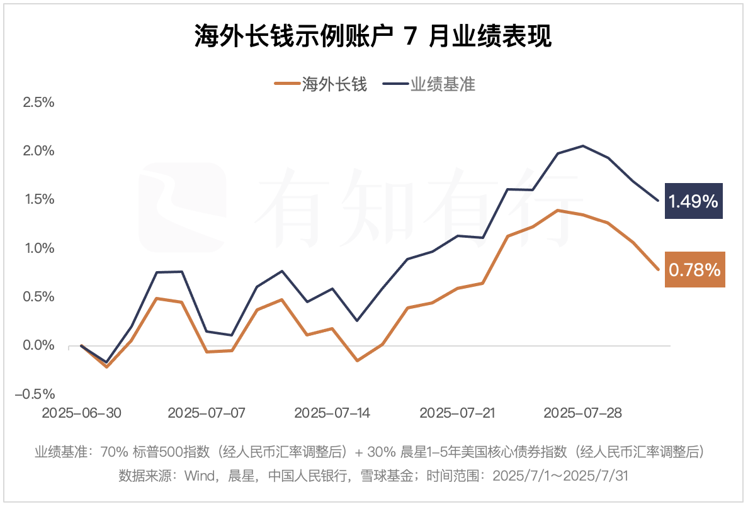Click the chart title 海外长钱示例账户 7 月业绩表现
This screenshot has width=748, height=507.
coord(373,36)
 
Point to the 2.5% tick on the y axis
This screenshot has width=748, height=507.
coord(39,103)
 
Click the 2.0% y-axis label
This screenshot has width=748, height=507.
coord(39,151)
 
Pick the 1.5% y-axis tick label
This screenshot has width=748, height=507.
coord(39,199)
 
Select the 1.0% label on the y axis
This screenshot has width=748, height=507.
coord(39,248)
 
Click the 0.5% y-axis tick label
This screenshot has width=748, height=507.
coord(39,297)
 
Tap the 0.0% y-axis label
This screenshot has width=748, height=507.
coord(39,345)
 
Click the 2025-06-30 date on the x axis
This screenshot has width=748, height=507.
coord(81,413)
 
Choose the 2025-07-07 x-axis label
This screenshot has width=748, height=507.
coord(207,413)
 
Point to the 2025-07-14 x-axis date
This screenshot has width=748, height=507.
coord(332,413)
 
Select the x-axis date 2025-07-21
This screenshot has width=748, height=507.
coord(458,413)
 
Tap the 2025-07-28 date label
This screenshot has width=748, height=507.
coord(582,413)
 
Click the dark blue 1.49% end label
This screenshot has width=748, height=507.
coord(693,201)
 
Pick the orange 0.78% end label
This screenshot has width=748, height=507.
coord(694,270)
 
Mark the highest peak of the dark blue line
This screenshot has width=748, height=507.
coord(583,146)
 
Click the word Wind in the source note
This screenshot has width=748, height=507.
coord(200,476)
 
